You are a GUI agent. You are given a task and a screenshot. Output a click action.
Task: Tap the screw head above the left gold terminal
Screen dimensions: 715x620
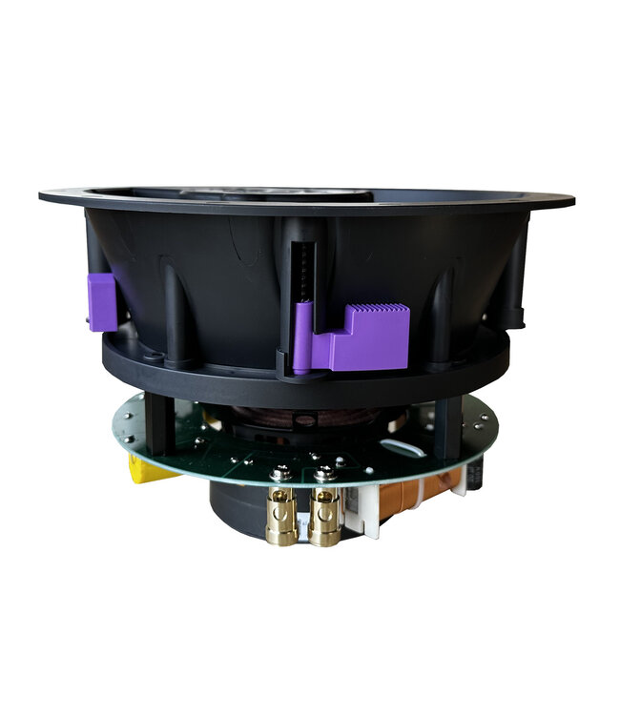(281, 474)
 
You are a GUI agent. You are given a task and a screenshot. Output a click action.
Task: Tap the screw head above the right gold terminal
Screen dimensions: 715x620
(324, 474)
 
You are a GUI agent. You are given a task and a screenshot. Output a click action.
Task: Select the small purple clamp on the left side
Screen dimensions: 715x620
(102, 301)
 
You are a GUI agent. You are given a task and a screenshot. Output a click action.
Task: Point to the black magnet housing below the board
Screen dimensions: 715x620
(234, 505)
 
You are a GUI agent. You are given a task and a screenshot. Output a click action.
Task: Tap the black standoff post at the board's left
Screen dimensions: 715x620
(159, 425)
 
